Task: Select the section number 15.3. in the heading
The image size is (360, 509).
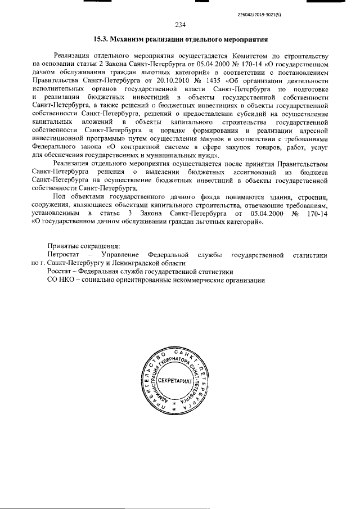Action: (x=101, y=40)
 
